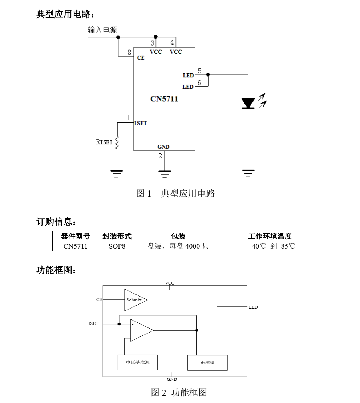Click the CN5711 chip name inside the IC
coord(164,99)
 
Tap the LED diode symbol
coord(248,103)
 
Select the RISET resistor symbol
coord(117,142)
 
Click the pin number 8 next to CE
coord(129,53)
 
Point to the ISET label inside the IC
coord(141,123)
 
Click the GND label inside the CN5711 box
coord(163,147)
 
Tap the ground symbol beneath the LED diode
coord(248,172)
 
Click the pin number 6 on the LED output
coord(199,83)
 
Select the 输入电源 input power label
coord(102,30)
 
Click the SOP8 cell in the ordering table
coord(117,246)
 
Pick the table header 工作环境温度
coord(270,236)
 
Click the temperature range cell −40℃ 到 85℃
coord(270,246)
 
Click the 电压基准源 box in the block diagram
coord(138,362)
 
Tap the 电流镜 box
coord(207,363)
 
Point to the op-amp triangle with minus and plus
coord(141,330)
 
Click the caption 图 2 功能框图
coord(179,392)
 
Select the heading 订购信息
coord(56,221)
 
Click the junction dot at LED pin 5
coord(208,74)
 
